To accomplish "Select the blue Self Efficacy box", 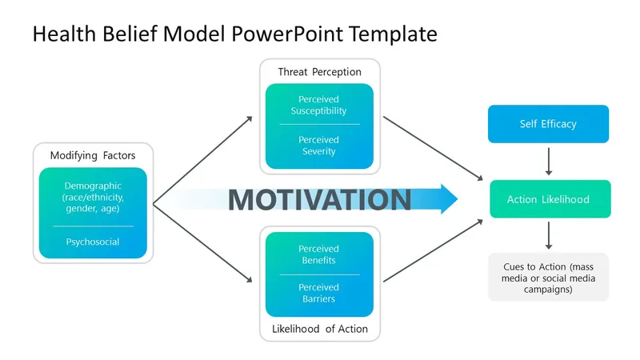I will pyautogui.click(x=548, y=124).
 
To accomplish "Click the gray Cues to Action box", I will pyautogui.click(x=548, y=277).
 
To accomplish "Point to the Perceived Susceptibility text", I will pyautogui.click(x=318, y=105).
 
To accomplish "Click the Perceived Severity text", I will pyautogui.click(x=318, y=146).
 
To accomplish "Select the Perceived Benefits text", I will pyautogui.click(x=318, y=254).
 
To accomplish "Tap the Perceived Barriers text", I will pyautogui.click(x=318, y=293).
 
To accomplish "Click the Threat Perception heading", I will pyautogui.click(x=319, y=72).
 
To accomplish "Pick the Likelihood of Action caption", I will pyautogui.click(x=319, y=329).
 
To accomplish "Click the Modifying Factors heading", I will pyautogui.click(x=92, y=155).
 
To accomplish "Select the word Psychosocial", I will pyautogui.click(x=92, y=242).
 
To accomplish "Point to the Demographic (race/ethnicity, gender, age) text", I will pyautogui.click(x=92, y=197).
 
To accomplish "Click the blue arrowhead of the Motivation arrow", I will pyautogui.click(x=446, y=199).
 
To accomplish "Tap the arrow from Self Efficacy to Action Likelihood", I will pyautogui.click(x=548, y=161).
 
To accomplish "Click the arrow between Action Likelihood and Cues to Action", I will pyautogui.click(x=548, y=236).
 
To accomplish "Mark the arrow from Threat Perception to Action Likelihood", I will pyautogui.click(x=432, y=147).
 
